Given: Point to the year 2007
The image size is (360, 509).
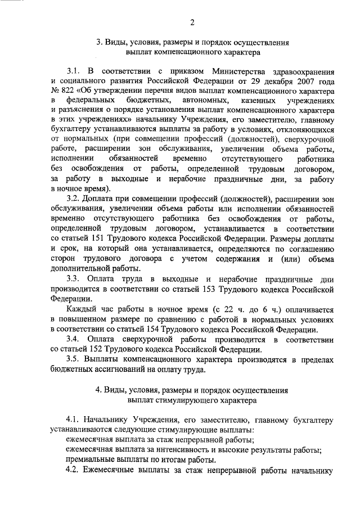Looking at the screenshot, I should click(x=301, y=82).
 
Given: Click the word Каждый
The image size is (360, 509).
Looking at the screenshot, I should click(x=79, y=310).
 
